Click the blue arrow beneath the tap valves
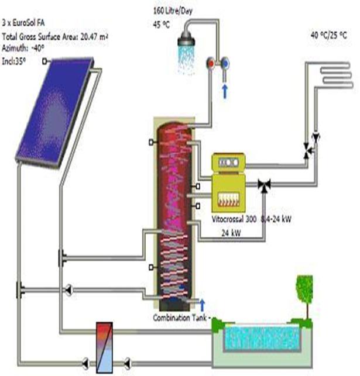pyautogui.click(x=225, y=91)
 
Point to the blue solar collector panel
pyautogui.click(x=56, y=109)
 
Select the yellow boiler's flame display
pyautogui.click(x=231, y=199)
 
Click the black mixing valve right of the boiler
pyautogui.click(x=263, y=185)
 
